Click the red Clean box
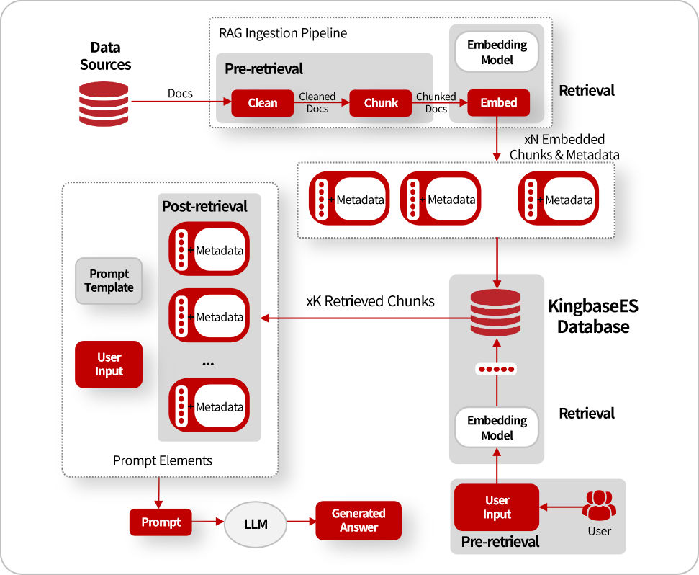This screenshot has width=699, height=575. (263, 103)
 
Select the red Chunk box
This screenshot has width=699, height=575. (381, 103)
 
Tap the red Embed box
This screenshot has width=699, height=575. (498, 102)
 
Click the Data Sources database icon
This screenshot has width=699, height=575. (104, 104)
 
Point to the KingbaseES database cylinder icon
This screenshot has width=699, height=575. (496, 312)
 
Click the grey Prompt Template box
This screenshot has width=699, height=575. (109, 281)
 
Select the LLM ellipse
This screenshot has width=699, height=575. (256, 524)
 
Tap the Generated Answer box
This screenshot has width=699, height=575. (358, 520)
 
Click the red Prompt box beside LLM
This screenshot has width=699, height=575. (161, 522)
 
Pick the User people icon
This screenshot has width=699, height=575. (599, 505)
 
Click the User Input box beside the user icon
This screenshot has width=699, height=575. (497, 507)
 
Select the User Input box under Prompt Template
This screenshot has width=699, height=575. (109, 365)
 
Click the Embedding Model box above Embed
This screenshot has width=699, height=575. (497, 52)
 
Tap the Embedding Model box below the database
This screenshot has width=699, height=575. (497, 427)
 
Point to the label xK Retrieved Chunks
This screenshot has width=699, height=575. (370, 301)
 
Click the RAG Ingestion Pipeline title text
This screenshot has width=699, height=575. (283, 33)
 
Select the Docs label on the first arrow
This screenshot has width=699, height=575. (180, 93)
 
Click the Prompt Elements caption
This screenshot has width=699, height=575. (162, 460)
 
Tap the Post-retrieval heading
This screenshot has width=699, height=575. (204, 206)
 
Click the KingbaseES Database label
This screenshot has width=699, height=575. (593, 316)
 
